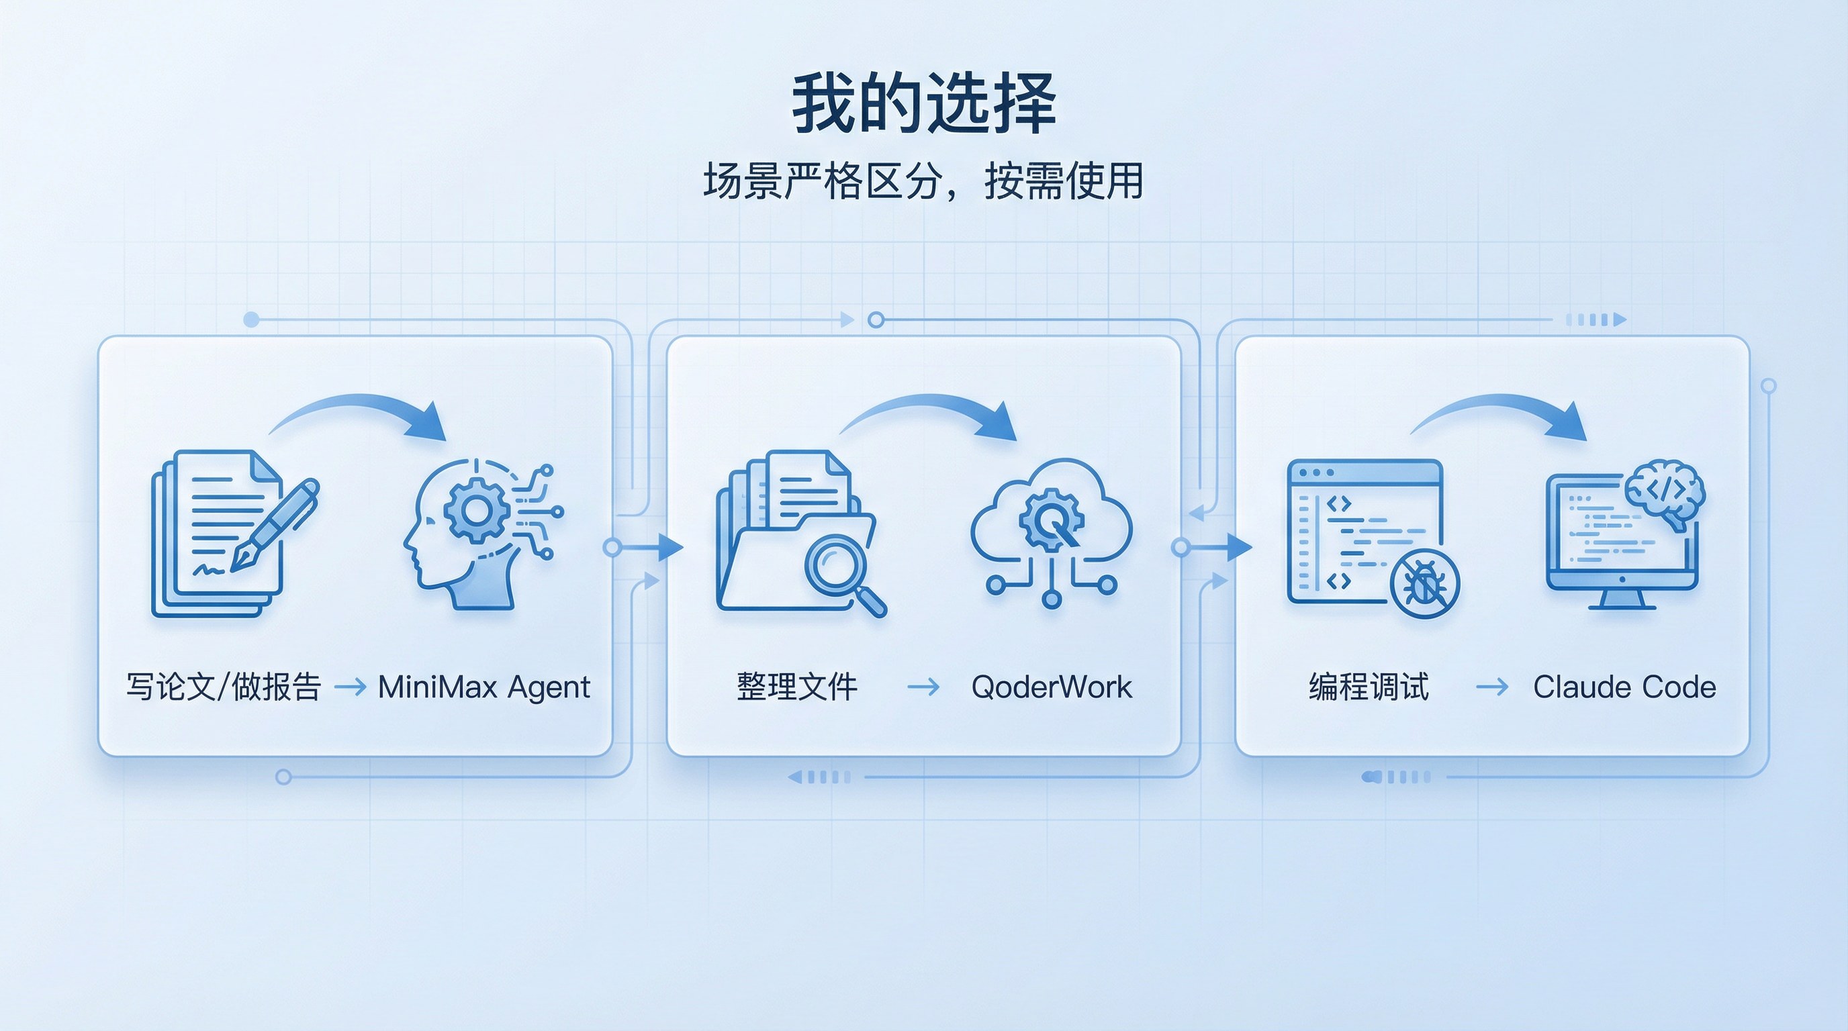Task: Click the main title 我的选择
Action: click(923, 105)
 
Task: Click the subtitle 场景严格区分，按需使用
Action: click(923, 181)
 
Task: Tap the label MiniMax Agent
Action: click(483, 687)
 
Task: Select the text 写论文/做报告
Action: click(223, 687)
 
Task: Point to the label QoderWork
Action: click(1051, 687)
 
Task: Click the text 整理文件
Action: click(797, 687)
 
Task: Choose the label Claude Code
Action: click(1624, 687)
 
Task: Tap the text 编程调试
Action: click(1369, 687)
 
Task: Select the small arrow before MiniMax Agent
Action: click(350, 687)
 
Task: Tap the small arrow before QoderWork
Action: click(923, 687)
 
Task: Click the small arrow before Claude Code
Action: click(1492, 687)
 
